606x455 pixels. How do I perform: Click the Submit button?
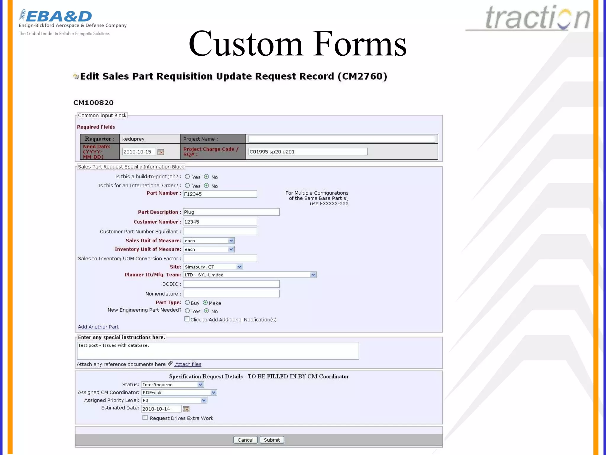[272, 440]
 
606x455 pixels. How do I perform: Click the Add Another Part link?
[98, 327]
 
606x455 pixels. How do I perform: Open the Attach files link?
[188, 364]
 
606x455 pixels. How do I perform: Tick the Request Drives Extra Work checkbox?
[145, 418]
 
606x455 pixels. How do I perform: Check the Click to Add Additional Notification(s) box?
[187, 319]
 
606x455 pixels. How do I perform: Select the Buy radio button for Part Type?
[187, 302]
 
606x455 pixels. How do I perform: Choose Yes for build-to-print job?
[187, 177]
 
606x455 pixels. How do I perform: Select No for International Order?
[207, 185]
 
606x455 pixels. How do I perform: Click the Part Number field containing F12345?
[220, 194]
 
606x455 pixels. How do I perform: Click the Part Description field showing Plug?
[231, 212]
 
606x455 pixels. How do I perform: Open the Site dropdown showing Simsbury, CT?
[213, 267]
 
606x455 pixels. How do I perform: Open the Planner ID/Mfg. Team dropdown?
[250, 275]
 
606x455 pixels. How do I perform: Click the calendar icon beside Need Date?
[161, 152]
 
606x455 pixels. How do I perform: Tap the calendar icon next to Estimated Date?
[186, 409]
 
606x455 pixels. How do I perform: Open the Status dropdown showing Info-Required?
[172, 384]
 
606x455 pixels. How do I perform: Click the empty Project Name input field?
[341, 139]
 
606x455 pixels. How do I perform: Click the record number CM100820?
[94, 103]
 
